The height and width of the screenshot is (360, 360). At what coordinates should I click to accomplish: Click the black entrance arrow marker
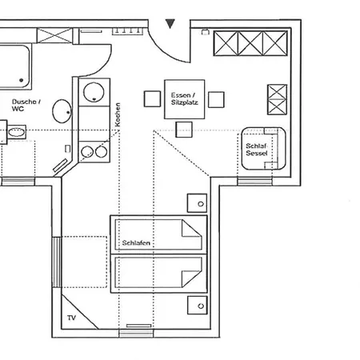[x=170, y=23]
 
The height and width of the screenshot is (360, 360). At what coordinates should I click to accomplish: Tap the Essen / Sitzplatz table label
[x=184, y=98]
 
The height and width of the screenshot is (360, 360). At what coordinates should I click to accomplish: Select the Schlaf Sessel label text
[x=257, y=150]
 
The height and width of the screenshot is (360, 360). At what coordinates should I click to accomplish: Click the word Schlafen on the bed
[x=136, y=243]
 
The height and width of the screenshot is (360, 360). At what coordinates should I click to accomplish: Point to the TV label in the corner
[x=71, y=318]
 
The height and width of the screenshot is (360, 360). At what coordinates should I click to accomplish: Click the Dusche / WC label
[x=26, y=105]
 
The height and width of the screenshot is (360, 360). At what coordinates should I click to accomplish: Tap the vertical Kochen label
[x=118, y=114]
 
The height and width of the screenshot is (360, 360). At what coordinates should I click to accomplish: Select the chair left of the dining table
[x=152, y=99]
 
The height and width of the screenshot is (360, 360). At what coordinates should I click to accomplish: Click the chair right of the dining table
[x=216, y=99]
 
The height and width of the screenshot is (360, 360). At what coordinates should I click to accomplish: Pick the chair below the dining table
[x=184, y=130]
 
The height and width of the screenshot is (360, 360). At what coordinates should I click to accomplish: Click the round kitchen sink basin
[x=94, y=92]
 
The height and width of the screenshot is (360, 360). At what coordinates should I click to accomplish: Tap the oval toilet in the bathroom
[x=62, y=111]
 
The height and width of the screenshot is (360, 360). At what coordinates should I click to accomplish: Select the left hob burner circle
[x=87, y=152]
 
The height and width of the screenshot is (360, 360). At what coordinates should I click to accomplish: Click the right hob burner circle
[x=102, y=152]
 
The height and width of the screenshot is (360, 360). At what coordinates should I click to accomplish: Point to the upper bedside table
[x=197, y=203]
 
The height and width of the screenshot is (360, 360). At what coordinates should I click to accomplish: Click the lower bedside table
[x=198, y=305]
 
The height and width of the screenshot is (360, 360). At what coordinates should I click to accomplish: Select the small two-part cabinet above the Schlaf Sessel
[x=278, y=100]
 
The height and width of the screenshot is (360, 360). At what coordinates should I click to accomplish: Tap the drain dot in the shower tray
[x=21, y=80]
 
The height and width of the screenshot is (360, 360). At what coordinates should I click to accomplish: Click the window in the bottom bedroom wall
[x=136, y=334]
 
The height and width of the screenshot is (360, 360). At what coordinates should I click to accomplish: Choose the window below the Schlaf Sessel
[x=255, y=182]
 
